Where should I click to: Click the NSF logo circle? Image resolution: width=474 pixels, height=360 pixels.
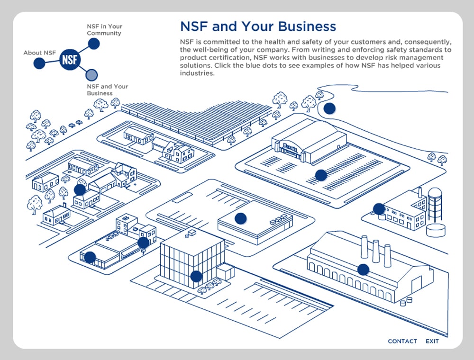[x=70, y=60]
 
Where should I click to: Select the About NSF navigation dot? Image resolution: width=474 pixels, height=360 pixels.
[x=39, y=63]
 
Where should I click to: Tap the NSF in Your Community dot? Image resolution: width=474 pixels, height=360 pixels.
[x=94, y=44]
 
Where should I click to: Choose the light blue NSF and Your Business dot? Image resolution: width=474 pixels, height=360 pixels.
[x=92, y=74]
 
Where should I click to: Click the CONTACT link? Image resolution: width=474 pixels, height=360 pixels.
[x=402, y=341]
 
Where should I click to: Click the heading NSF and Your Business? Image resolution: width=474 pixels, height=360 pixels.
[x=258, y=26]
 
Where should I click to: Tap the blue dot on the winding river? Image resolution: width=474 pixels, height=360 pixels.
[x=329, y=108]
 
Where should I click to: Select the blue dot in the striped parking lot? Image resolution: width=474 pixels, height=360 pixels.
[x=321, y=175]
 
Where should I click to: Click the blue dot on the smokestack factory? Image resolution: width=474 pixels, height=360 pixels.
[x=363, y=270]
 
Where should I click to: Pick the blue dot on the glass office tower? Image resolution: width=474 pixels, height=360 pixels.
[x=196, y=276]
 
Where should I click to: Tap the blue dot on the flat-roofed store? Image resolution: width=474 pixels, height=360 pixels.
[x=241, y=218]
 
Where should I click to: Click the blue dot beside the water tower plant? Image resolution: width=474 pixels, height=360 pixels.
[x=379, y=209]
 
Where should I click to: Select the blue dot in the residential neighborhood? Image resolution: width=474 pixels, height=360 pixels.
[x=80, y=190]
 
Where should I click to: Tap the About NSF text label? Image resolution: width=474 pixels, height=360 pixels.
[x=40, y=53]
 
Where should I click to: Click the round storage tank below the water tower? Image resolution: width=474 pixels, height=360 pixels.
[x=436, y=230]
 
